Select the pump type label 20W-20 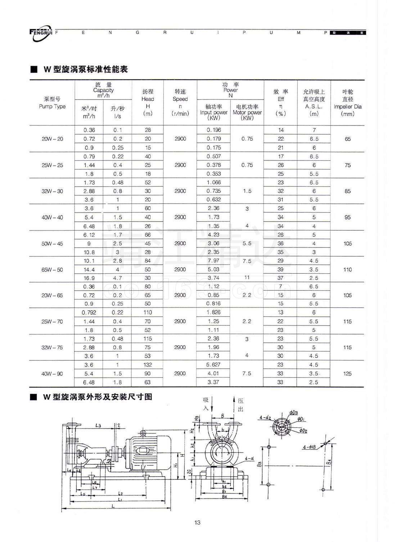pos(53,139)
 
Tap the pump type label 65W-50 pos(53,269)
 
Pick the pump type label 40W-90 pos(52,374)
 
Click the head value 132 pos(148,365)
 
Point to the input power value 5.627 pos(213,365)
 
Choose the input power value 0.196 pos(214,130)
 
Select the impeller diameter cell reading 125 pos(347,374)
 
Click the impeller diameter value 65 pos(348,139)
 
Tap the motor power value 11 pos(247,278)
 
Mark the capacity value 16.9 pos(89,278)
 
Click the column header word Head pos(148,99)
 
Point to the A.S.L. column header pos(314,106)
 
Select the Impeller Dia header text pos(347,106)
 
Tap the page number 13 pos(197,522)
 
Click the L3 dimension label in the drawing pos(98,425)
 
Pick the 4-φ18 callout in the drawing pos(310,447)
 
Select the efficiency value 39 pos(281,269)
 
